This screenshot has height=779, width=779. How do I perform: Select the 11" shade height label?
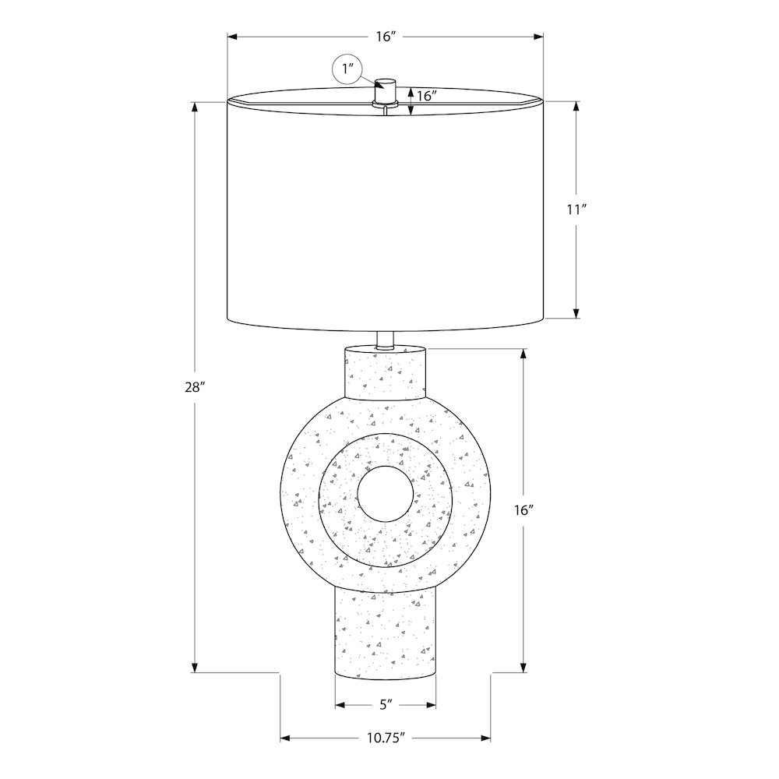tap(576, 210)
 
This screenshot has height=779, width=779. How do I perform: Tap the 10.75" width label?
tap(386, 738)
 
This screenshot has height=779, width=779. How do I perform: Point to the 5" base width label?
tap(386, 704)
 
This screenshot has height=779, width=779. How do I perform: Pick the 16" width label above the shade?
tap(386, 37)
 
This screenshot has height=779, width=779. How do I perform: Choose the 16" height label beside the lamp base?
tap(523, 509)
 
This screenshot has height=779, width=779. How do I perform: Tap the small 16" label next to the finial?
tap(427, 96)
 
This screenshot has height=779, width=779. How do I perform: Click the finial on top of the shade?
tap(386, 93)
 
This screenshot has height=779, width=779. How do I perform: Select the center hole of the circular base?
tap(386, 494)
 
